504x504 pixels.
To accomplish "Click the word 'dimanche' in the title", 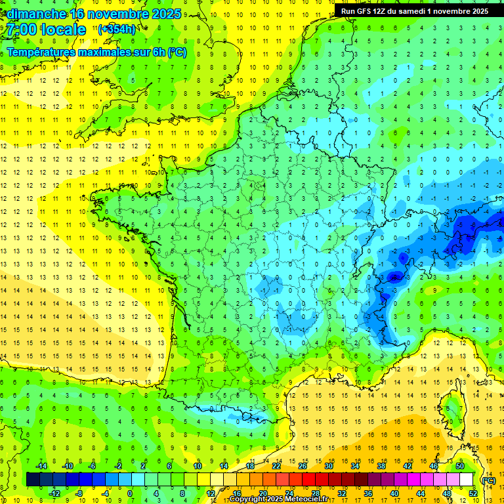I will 33,14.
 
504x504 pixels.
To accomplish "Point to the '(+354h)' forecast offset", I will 117,30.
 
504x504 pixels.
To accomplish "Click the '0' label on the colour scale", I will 130,493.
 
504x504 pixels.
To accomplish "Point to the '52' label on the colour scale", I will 473,493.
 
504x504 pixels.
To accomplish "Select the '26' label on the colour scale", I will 303,466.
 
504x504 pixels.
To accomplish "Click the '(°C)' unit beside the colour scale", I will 489,480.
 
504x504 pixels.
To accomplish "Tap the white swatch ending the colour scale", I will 467,480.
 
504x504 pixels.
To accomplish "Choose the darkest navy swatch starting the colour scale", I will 33,480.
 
